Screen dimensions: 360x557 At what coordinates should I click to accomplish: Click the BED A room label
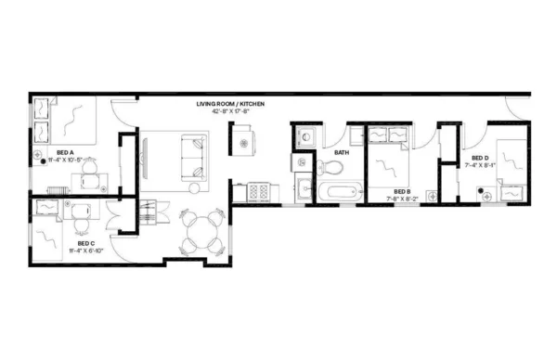click(65, 150)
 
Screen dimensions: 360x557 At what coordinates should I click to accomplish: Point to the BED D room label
click(479, 158)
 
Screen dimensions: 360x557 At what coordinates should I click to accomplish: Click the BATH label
click(342, 153)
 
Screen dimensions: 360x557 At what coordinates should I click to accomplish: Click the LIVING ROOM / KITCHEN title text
click(237, 104)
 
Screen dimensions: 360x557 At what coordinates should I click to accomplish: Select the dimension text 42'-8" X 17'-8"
click(237, 112)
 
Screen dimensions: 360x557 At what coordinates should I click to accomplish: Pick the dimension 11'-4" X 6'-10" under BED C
click(87, 251)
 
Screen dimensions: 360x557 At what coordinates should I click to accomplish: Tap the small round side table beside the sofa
click(246, 142)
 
